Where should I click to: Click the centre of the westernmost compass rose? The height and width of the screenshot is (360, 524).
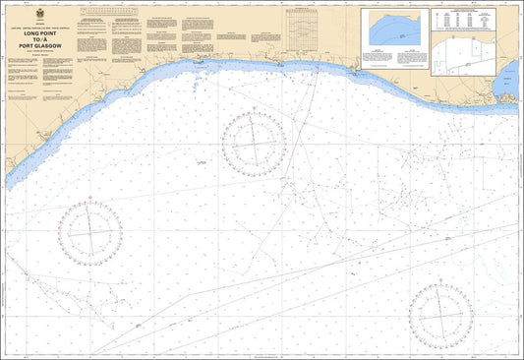tap(90, 232)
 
